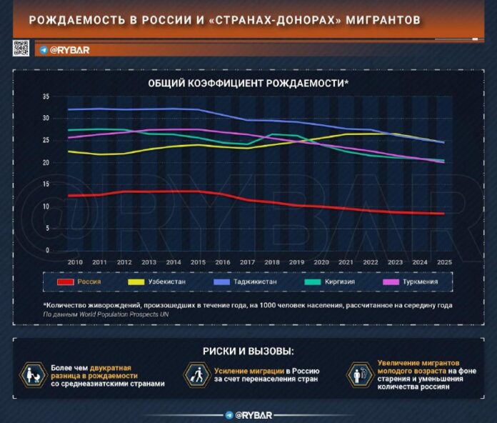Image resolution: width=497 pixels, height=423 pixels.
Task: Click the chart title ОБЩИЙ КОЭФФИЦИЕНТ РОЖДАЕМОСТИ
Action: (247, 84)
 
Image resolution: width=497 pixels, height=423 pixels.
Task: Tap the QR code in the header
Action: (21, 49)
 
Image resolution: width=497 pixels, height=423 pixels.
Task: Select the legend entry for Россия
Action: (79, 282)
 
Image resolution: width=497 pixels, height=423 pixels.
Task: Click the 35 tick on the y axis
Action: (46, 96)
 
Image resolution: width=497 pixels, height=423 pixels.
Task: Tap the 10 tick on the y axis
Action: (46, 206)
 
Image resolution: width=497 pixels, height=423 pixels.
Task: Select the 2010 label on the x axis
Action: (74, 262)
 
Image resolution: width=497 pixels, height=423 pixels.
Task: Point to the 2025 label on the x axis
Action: (444, 262)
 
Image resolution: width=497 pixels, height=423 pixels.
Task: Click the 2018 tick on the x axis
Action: (272, 262)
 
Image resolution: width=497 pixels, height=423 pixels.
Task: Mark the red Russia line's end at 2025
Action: (443, 214)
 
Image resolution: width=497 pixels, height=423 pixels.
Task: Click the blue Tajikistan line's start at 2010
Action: (68, 110)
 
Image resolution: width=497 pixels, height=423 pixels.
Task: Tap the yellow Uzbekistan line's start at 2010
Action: (68, 151)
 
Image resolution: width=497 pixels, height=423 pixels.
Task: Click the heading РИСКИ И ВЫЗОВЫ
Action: (248, 351)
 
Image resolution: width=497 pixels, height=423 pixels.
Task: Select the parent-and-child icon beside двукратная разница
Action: (32, 374)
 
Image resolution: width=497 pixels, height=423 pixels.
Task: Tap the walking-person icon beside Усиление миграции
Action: (196, 374)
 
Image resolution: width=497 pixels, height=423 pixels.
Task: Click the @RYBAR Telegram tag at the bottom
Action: (248, 414)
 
